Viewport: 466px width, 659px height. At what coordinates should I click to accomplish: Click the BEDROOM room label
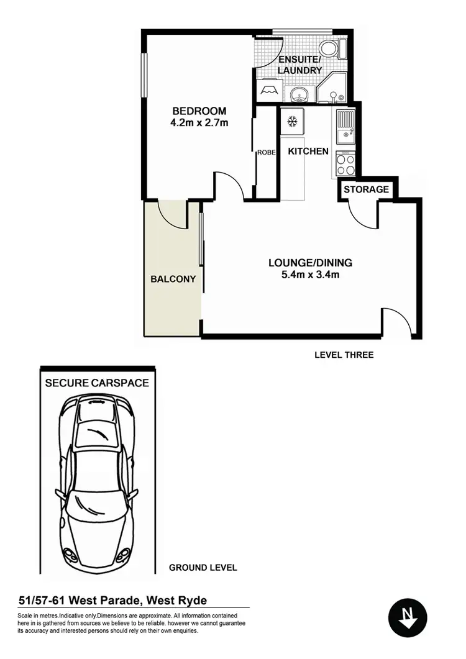pos(199,111)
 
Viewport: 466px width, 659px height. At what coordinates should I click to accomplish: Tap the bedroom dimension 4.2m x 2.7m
pos(199,123)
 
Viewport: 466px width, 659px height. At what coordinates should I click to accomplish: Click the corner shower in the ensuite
pos(334,91)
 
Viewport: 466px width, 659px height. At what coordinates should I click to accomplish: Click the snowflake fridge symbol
pos(292,120)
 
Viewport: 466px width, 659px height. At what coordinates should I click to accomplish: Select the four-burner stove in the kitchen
pos(345,163)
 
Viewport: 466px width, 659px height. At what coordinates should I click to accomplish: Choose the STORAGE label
pos(367,189)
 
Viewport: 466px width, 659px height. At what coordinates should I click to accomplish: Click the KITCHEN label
pos(308,151)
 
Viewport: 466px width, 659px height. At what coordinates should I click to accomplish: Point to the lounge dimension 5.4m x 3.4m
pos(303,274)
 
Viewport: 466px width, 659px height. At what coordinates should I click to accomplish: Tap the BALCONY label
pos(173,280)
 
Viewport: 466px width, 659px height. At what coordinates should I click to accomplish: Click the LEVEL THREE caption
pos(344,355)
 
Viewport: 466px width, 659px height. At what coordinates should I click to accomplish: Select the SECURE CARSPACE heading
pos(97,383)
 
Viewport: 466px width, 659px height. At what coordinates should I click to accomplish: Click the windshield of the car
pos(97,438)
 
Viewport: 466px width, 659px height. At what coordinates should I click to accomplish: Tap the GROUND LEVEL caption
pos(203,568)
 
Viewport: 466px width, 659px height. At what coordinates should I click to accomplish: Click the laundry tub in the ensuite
pos(270,91)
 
